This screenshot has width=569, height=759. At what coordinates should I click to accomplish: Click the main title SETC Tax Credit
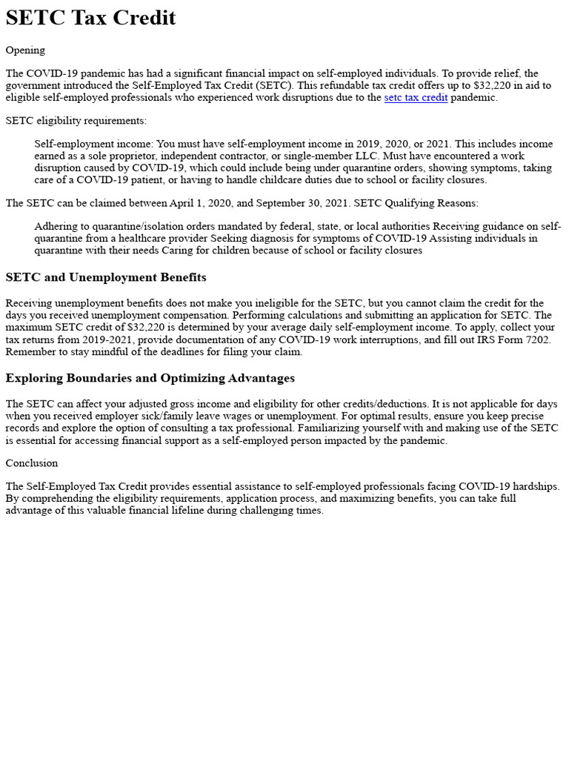pyautogui.click(x=90, y=18)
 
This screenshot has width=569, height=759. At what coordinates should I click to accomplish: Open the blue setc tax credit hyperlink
pyautogui.click(x=416, y=97)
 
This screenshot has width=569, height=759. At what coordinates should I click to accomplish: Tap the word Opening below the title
pyautogui.click(x=25, y=50)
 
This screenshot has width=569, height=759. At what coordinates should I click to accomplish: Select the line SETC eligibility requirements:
pyautogui.click(x=76, y=120)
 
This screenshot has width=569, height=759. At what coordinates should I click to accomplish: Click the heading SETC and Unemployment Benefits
pyautogui.click(x=106, y=277)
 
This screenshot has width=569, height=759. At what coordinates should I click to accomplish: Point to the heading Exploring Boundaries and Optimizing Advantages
pyautogui.click(x=150, y=378)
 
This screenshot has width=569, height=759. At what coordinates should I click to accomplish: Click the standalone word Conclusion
pyautogui.click(x=31, y=463)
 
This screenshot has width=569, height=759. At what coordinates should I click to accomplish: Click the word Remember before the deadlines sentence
pyautogui.click(x=30, y=351)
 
